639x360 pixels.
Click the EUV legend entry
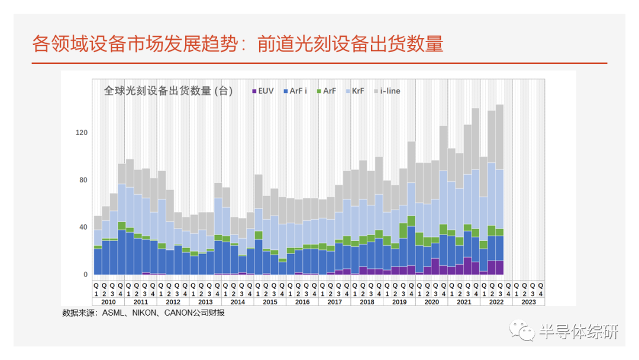[x=263, y=91]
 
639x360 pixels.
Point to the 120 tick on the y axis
[x=82, y=133]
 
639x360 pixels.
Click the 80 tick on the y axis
[x=83, y=180]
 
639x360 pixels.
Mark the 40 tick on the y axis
[x=83, y=227]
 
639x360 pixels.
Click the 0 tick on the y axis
[x=85, y=275]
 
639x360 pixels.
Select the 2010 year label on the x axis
[x=108, y=301]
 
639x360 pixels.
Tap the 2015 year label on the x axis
[x=270, y=301]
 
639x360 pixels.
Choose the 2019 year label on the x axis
[x=399, y=301]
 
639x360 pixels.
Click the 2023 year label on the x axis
[x=529, y=301]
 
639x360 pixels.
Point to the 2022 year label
[x=496, y=301]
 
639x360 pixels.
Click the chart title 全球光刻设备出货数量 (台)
[x=168, y=91]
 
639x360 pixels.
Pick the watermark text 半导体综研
[x=578, y=332]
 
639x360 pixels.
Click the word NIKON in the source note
[x=144, y=313]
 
